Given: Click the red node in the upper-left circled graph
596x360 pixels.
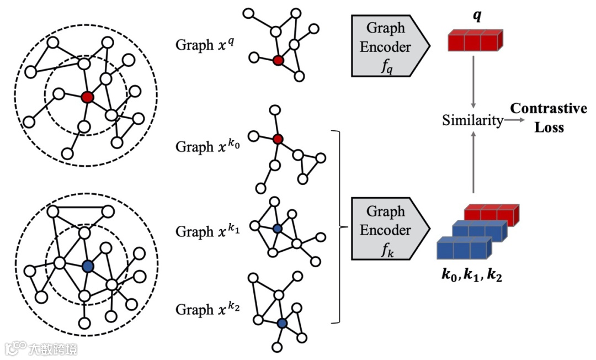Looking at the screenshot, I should click(x=87, y=98).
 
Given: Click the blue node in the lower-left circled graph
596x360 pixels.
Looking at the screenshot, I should click(x=87, y=266).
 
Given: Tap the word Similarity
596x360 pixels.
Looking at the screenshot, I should click(x=472, y=120).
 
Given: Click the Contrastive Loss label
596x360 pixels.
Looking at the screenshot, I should click(x=548, y=117).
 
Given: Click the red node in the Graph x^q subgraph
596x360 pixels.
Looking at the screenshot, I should click(x=278, y=60).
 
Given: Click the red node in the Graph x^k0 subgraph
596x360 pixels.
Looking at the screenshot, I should click(x=278, y=139).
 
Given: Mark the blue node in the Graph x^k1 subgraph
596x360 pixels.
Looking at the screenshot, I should click(x=278, y=227).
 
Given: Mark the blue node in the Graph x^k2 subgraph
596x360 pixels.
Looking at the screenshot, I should click(x=283, y=324).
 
